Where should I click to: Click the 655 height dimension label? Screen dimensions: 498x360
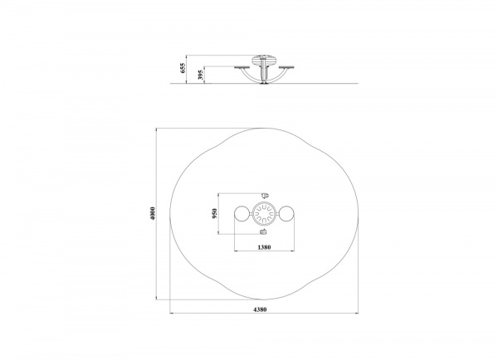183,68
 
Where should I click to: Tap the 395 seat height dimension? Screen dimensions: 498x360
200,75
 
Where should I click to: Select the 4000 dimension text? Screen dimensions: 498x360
153,214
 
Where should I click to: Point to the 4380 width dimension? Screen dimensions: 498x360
260,309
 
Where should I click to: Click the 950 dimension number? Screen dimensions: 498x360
215,213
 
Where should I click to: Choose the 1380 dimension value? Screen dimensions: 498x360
264,247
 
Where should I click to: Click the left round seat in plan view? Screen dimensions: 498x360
242,214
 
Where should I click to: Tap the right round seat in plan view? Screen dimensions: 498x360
286,214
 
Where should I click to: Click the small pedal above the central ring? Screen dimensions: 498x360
265,195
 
